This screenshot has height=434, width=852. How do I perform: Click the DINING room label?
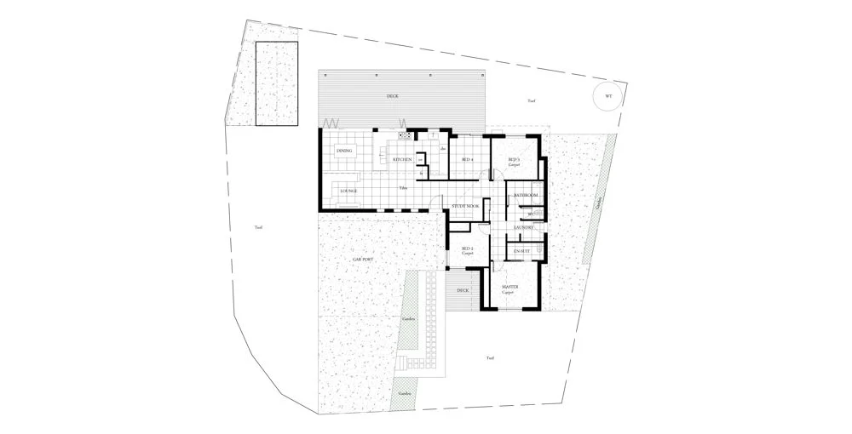click(344, 151)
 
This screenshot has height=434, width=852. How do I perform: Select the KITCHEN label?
click(402, 159)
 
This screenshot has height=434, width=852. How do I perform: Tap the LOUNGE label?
click(348, 191)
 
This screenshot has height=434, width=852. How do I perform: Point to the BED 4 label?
click(467, 159)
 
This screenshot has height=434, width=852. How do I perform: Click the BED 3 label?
click(514, 159)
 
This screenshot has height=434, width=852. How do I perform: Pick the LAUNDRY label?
click(524, 227)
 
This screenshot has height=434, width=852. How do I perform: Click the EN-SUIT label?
click(522, 252)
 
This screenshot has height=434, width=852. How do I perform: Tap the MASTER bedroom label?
click(510, 288)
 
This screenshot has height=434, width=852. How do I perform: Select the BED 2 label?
click(467, 248)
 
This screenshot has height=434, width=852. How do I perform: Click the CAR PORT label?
click(363, 259)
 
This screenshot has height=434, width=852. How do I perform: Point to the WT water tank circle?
click(608, 97)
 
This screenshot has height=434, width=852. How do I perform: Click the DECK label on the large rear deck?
click(393, 96)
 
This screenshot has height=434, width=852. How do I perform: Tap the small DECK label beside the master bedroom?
click(463, 290)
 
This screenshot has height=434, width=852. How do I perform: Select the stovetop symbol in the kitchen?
click(406, 134)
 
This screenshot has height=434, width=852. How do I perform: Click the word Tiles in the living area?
click(402, 186)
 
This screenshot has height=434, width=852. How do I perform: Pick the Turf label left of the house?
click(259, 227)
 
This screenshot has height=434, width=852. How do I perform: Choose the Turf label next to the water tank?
click(531, 101)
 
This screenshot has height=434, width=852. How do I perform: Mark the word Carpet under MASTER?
click(509, 294)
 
